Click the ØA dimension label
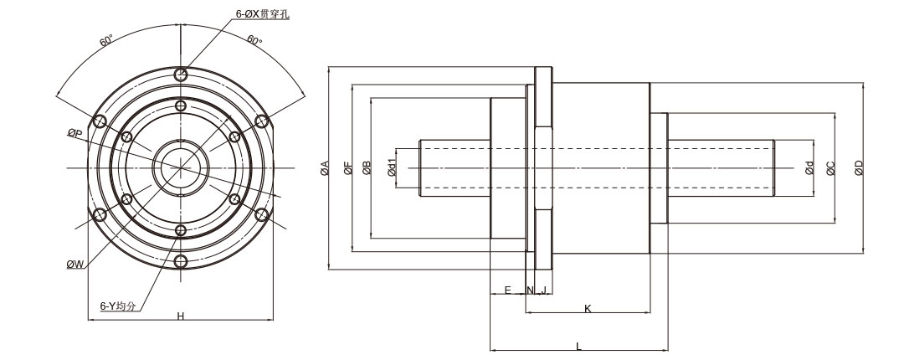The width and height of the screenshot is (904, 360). (x=324, y=168)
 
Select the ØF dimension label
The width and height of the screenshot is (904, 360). (x=347, y=168)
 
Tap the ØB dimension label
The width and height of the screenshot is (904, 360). (x=367, y=168)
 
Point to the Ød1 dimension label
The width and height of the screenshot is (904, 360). (x=392, y=168)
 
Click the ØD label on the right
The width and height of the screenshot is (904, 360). (x=859, y=168)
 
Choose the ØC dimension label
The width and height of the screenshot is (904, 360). (x=830, y=168)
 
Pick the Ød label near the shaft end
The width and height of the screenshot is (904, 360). (x=809, y=168)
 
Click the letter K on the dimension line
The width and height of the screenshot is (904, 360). (x=588, y=309)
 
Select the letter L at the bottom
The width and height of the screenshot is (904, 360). (x=578, y=346)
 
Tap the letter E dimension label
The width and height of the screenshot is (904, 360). (x=507, y=290)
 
